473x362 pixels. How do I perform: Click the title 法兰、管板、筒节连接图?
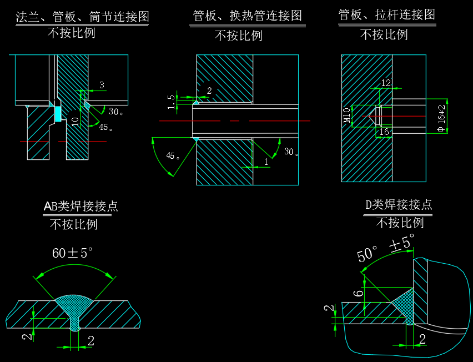click(x=83, y=17)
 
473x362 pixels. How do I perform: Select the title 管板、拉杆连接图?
click(x=386, y=15)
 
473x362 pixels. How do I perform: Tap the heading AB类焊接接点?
click(x=81, y=207)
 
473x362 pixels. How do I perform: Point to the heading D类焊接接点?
click(x=398, y=204)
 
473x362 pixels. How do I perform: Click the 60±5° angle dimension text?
click(x=72, y=254)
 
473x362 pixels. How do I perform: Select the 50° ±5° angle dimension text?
click(x=386, y=249)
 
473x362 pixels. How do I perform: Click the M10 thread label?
click(x=346, y=115)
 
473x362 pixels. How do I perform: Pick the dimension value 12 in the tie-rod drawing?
click(x=386, y=83)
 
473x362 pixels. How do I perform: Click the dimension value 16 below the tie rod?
click(x=383, y=132)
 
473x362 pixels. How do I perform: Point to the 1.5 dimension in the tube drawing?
click(x=171, y=101)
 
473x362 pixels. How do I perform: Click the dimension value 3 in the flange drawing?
click(x=102, y=85)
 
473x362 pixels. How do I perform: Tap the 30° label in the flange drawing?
click(x=115, y=112)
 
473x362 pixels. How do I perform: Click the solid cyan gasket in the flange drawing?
click(x=57, y=114)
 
